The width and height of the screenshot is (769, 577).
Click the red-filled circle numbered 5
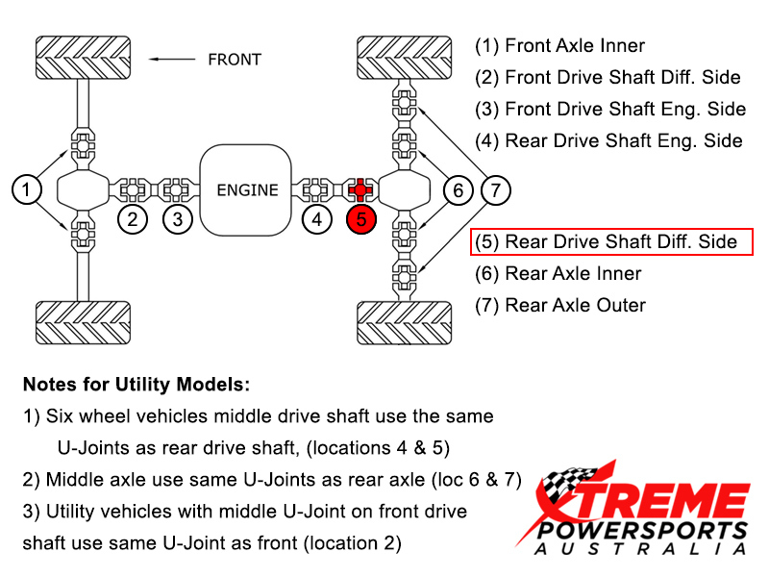coord(361,219)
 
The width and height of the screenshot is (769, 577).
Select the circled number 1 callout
coord(28,189)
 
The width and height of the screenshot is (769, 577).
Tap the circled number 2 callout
coord(134,219)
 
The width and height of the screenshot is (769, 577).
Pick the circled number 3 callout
coord(177,219)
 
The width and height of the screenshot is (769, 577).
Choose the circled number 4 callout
coord(317,219)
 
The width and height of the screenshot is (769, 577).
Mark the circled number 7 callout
coord(495,189)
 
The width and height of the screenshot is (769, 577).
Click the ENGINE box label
coord(247,189)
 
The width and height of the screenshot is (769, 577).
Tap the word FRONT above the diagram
coord(235,59)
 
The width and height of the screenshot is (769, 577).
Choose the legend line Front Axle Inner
coord(560,45)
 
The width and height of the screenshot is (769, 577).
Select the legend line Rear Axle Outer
coord(561,305)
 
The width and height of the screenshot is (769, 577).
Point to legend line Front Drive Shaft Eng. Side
coord(610,109)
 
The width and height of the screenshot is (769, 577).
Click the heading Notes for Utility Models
coord(136,385)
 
